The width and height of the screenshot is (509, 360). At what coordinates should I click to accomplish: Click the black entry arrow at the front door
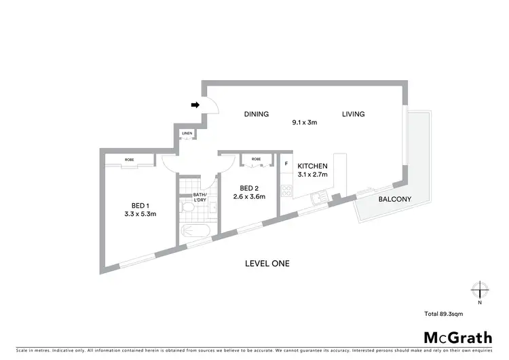(195, 105)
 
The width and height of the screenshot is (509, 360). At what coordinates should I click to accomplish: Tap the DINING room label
(257, 114)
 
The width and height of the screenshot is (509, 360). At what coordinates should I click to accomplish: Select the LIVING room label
(353, 114)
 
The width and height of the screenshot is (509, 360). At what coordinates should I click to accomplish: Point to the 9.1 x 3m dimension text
(305, 123)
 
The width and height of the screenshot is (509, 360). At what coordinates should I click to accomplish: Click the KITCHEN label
(313, 166)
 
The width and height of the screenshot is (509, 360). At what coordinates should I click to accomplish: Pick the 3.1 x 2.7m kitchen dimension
(313, 175)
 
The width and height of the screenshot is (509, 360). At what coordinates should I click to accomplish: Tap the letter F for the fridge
(286, 164)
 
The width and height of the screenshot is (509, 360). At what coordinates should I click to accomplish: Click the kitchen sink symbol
(318, 198)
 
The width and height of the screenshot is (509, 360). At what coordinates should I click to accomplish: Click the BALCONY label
(394, 199)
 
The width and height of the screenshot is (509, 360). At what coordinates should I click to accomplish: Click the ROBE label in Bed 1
(129, 160)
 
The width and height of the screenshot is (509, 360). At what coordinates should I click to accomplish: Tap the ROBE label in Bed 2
(256, 159)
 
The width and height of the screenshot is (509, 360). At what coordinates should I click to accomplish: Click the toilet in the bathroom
(188, 209)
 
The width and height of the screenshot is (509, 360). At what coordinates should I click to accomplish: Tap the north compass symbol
(480, 291)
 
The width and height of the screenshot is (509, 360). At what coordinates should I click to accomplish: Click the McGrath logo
(459, 338)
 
